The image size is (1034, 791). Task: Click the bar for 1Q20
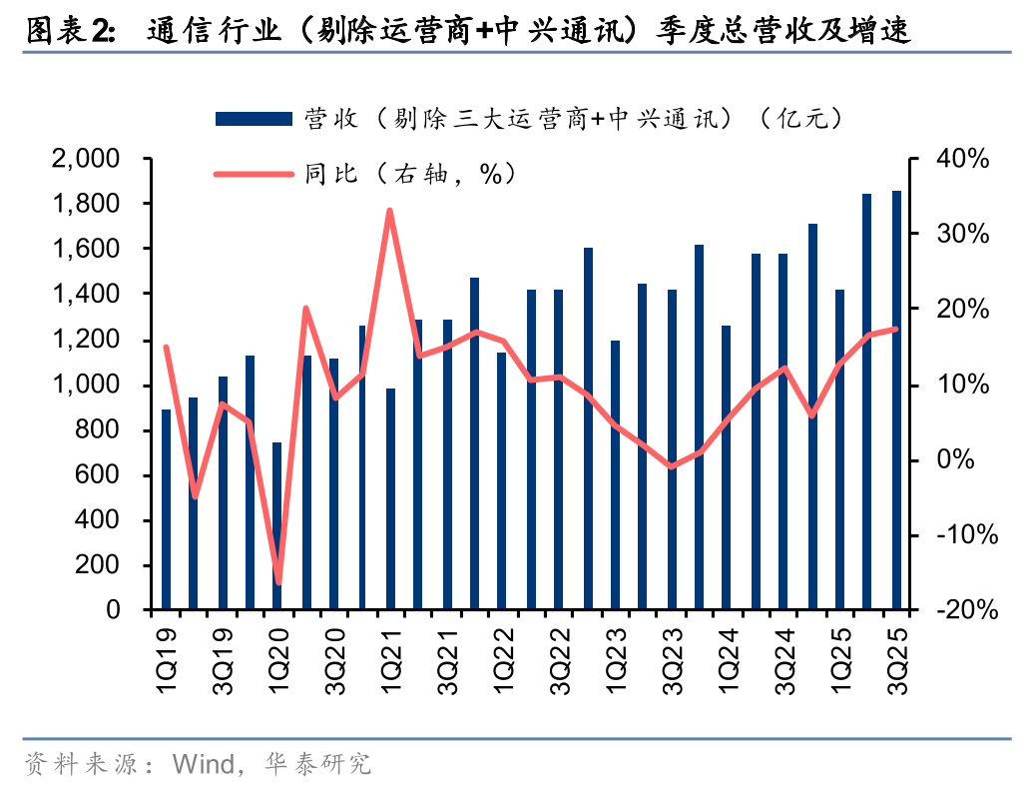point(277,526)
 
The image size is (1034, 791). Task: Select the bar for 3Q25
point(896,399)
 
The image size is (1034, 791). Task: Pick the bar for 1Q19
point(166,509)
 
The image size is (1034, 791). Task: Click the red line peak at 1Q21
point(389,211)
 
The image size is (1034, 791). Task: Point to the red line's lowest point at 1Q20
point(278,582)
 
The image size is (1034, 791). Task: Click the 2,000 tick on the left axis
point(93,159)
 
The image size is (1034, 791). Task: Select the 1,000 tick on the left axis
point(93,385)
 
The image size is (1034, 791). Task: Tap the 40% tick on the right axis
point(962,159)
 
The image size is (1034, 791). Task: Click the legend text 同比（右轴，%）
point(409,174)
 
